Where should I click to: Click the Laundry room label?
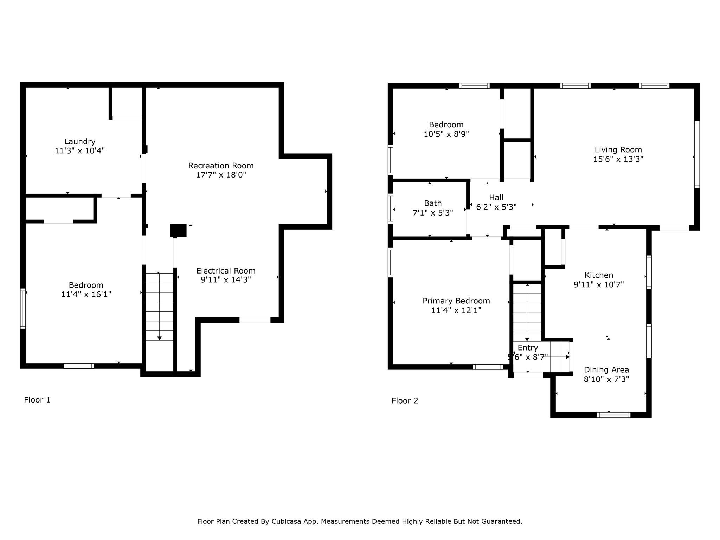(x=80, y=142)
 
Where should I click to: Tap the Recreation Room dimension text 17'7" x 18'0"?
(x=221, y=175)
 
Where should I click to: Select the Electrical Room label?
(x=226, y=271)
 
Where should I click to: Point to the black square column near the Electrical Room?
(x=178, y=231)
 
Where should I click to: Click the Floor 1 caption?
(x=37, y=400)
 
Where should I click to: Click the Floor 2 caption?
(x=405, y=401)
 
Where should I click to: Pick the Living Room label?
(x=618, y=150)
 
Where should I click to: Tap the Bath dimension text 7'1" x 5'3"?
(x=433, y=213)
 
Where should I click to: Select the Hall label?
(x=496, y=198)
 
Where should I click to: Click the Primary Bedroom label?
(x=456, y=301)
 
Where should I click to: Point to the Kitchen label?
(x=599, y=275)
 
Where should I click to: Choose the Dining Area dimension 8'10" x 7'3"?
(x=606, y=379)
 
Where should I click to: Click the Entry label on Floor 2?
(x=528, y=348)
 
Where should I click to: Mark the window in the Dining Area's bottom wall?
(x=614, y=415)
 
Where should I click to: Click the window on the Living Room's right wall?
(x=697, y=154)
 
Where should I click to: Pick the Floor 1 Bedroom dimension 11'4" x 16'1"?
(x=86, y=294)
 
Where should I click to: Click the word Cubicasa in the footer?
(x=286, y=521)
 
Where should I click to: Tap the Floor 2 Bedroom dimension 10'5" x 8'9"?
(x=446, y=134)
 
